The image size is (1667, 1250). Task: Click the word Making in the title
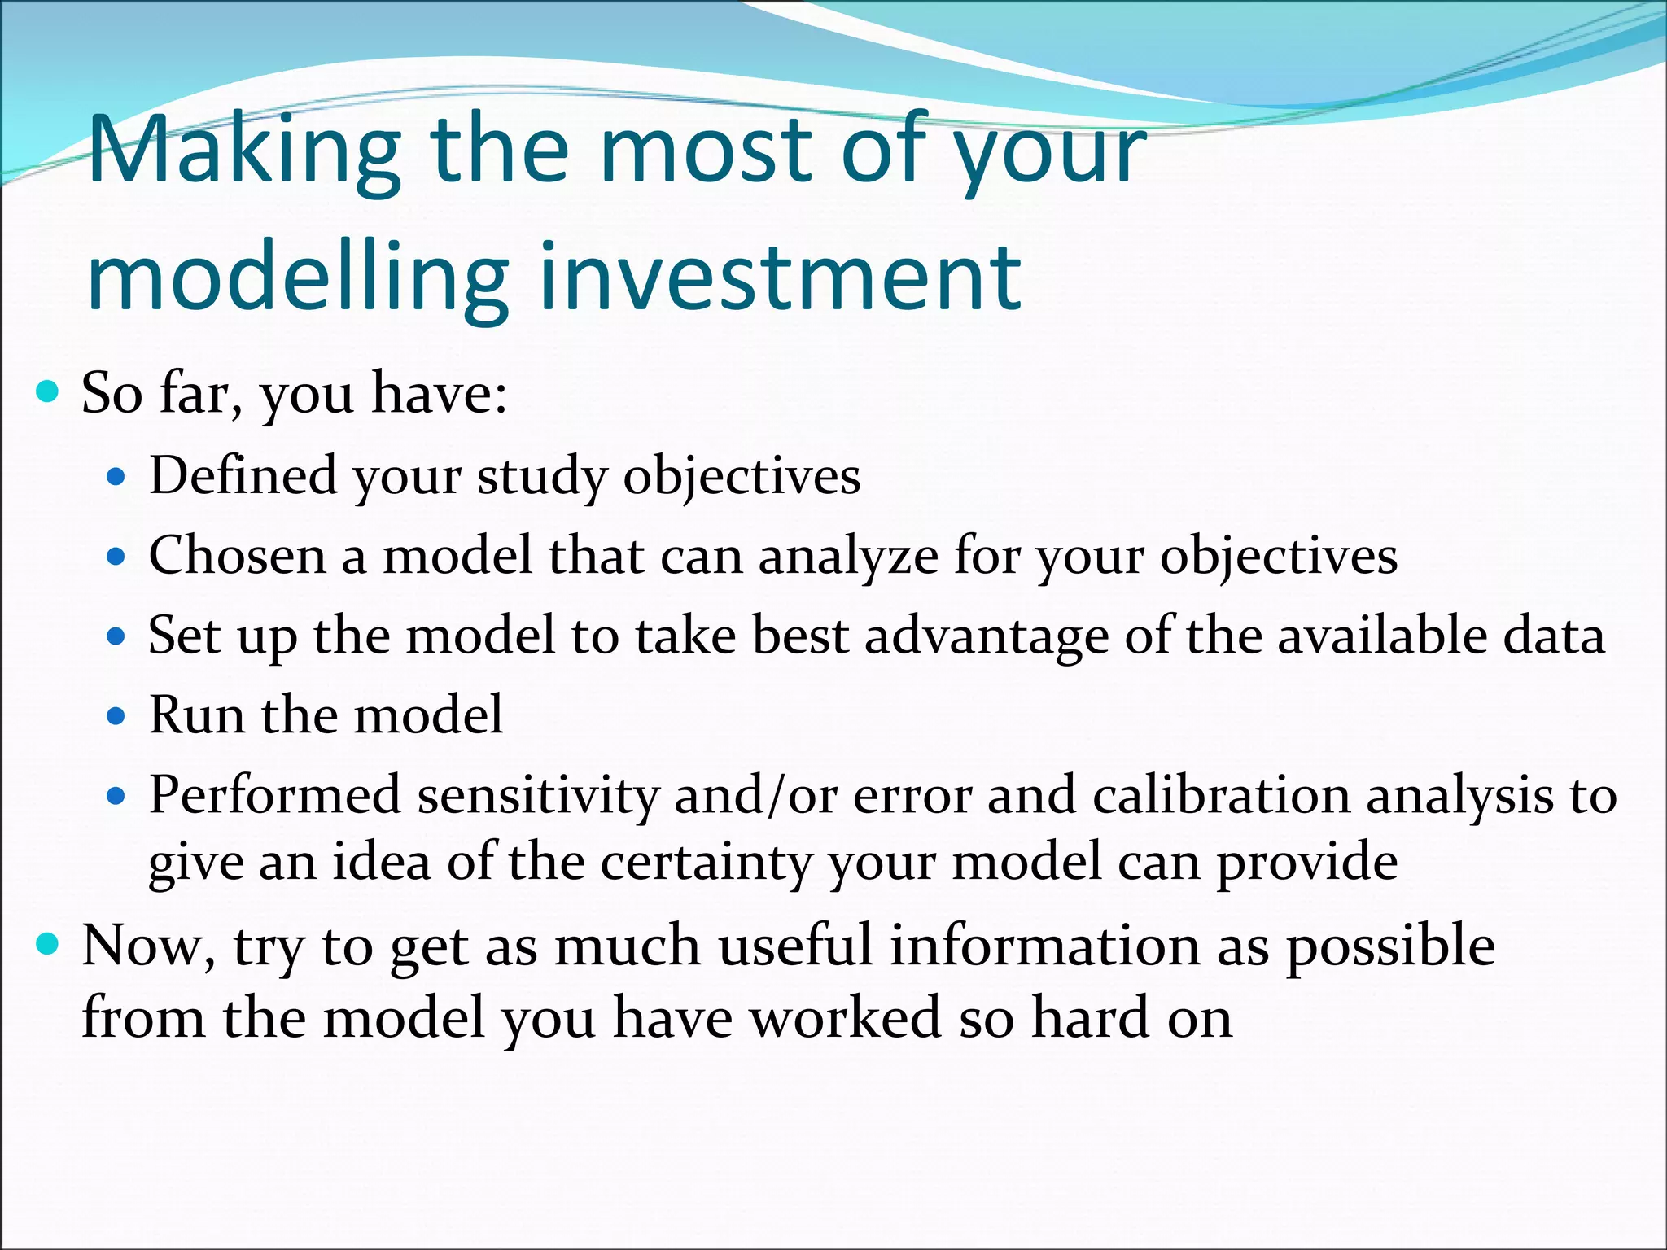pyautogui.click(x=244, y=151)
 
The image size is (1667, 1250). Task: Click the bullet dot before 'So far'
pyautogui.click(x=49, y=393)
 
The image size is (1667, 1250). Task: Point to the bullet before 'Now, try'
pyautogui.click(x=49, y=945)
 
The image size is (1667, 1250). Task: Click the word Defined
pyautogui.click(x=243, y=475)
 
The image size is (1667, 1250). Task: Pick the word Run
pyautogui.click(x=196, y=715)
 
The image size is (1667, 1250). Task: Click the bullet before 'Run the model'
pyautogui.click(x=117, y=716)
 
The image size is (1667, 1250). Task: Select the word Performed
pyautogui.click(x=274, y=795)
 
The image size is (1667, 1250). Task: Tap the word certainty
pyautogui.click(x=707, y=863)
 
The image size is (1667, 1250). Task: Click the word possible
pyautogui.click(x=1390, y=946)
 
